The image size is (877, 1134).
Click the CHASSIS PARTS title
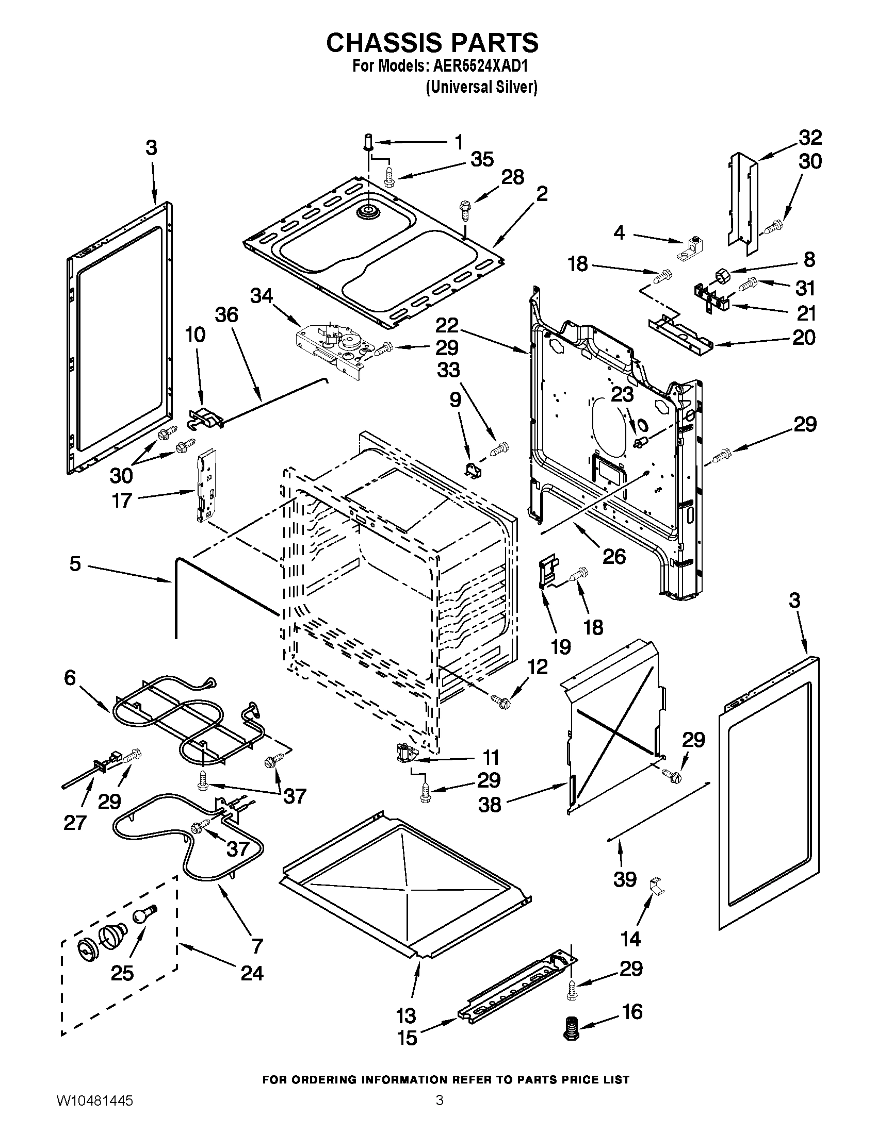coord(432,43)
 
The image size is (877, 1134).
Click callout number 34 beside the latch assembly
coord(262,296)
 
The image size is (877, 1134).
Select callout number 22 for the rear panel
coord(447,326)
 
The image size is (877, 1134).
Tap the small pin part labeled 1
coord(368,140)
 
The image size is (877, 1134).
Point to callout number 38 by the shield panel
coord(490,804)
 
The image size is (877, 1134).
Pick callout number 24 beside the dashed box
coord(252,973)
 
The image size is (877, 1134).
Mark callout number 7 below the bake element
coord(257,946)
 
